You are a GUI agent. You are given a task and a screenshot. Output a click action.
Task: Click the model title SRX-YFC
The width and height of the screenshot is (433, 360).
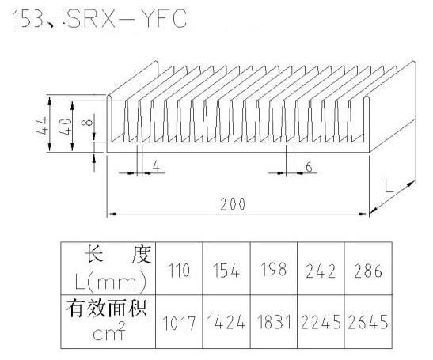(127, 18)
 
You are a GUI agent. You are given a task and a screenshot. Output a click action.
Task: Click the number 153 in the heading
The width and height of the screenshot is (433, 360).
(28, 19)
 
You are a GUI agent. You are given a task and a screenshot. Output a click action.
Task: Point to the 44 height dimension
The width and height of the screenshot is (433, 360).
(42, 126)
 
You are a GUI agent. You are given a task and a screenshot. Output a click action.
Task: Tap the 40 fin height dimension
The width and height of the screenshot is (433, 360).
(66, 127)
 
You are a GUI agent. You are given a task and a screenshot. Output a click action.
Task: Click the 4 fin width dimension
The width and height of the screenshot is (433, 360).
(156, 166)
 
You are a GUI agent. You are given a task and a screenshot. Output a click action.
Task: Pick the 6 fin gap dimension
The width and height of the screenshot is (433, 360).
(310, 167)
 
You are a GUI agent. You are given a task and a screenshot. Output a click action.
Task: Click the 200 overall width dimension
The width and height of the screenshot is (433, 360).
(233, 204)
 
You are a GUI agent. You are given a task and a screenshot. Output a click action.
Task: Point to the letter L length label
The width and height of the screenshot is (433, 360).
(389, 186)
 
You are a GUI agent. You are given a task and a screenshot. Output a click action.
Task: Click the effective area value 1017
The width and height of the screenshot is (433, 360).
(179, 323)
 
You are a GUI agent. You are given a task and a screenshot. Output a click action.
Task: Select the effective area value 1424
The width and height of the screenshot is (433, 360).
(226, 322)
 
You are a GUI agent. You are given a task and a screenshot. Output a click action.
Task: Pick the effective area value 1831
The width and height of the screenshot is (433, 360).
(274, 322)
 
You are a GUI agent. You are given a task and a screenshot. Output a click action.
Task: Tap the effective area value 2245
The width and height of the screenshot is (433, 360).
(321, 322)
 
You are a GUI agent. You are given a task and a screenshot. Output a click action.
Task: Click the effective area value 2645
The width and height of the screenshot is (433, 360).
(368, 322)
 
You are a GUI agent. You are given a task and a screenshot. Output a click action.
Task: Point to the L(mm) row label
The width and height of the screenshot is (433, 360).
(110, 282)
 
